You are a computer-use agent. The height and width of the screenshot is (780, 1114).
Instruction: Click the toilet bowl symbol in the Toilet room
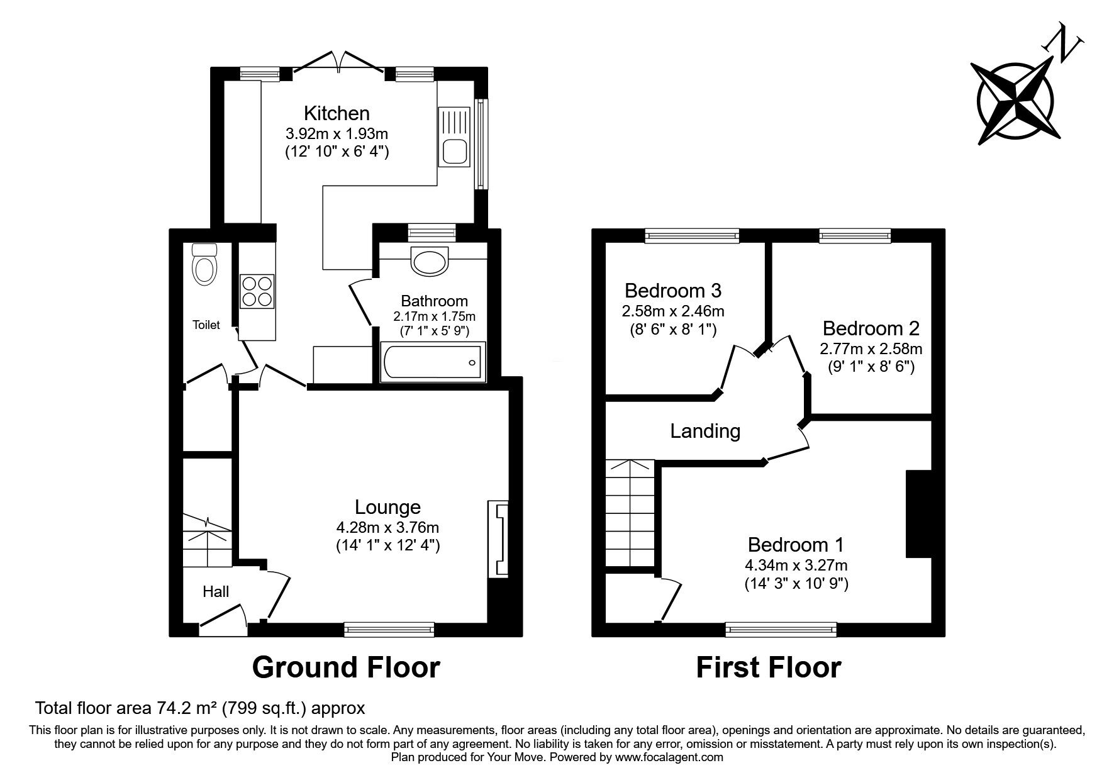(x=204, y=264)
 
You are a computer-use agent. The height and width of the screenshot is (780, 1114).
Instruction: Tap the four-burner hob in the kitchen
(x=257, y=292)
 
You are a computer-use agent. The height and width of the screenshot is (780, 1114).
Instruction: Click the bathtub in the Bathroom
(x=433, y=362)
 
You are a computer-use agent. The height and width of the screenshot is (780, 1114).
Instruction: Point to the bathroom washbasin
(x=430, y=260)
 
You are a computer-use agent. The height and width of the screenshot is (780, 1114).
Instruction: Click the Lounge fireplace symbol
(x=498, y=538)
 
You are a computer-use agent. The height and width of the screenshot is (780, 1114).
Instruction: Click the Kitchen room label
(x=337, y=113)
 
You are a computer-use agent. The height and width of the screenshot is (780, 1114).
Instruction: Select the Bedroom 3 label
(x=673, y=291)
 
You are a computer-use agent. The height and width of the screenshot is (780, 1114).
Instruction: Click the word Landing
(x=705, y=431)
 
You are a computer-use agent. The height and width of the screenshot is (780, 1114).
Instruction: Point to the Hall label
(x=216, y=591)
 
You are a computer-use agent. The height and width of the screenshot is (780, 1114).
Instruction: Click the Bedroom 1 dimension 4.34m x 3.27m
(x=796, y=565)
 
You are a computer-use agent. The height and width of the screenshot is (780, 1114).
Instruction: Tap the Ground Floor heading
(x=346, y=667)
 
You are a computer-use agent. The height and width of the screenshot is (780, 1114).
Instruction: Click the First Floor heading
(x=768, y=667)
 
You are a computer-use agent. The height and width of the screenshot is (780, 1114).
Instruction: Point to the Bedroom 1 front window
(x=781, y=628)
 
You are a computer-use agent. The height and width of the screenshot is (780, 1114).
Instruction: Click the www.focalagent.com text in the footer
(x=669, y=758)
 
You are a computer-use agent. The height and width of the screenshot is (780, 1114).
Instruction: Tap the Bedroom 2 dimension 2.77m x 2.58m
(x=871, y=348)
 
